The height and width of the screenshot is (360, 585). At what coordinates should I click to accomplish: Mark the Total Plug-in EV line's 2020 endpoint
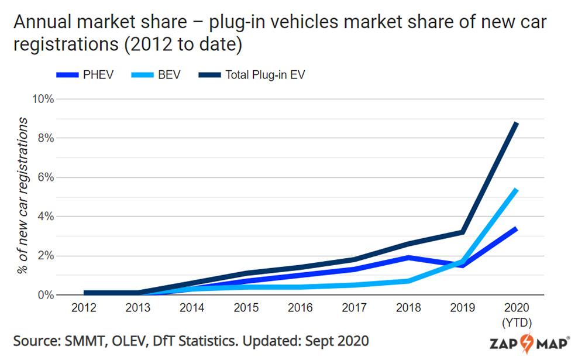(x=516, y=124)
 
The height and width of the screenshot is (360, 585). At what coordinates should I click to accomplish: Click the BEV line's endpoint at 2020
(x=516, y=190)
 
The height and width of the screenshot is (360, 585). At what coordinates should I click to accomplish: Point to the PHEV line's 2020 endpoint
(x=516, y=228)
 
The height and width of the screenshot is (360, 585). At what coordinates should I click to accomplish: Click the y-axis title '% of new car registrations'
(x=23, y=196)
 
